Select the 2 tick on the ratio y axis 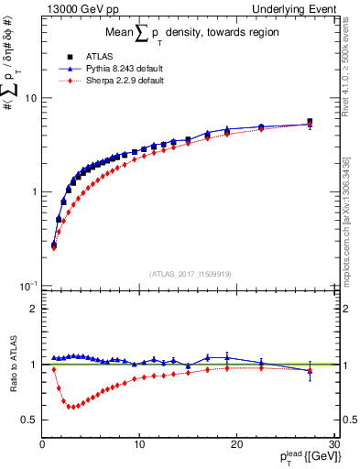[33, 309]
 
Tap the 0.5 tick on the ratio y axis [29, 420]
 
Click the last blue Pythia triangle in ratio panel [310, 370]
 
